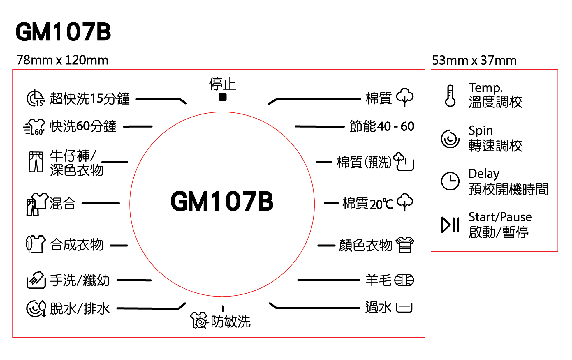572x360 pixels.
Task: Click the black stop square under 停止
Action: pyautogui.click(x=222, y=97)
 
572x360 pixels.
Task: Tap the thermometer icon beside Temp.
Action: pyautogui.click(x=450, y=96)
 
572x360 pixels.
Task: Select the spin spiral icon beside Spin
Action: pyautogui.click(x=450, y=139)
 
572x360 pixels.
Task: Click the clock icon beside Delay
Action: pyautogui.click(x=450, y=181)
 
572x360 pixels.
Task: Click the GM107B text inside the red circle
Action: pyautogui.click(x=222, y=201)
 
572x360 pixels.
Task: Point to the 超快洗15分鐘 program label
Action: pyautogui.click(x=90, y=99)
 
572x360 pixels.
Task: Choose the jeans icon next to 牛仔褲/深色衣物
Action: pyautogui.click(x=36, y=162)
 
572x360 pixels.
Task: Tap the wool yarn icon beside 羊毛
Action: pyautogui.click(x=404, y=280)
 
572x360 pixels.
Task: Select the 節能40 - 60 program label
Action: pyautogui.click(x=382, y=126)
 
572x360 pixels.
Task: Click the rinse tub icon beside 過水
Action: pyautogui.click(x=404, y=308)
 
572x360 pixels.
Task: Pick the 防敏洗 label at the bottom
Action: pyautogui.click(x=230, y=322)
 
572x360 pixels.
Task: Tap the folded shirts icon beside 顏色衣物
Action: pyautogui.click(x=405, y=245)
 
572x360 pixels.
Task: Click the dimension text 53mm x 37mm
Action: pyautogui.click(x=474, y=61)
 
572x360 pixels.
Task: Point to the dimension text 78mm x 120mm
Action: pyautogui.click(x=62, y=60)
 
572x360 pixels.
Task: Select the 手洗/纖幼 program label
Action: pyautogui.click(x=80, y=280)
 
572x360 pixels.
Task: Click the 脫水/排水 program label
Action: pyautogui.click(x=80, y=309)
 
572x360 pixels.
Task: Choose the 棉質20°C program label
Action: pyautogui.click(x=368, y=203)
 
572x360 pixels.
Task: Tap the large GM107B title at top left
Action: pyautogui.click(x=63, y=32)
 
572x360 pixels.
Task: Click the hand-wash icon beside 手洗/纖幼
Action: pyautogui.click(x=36, y=280)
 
